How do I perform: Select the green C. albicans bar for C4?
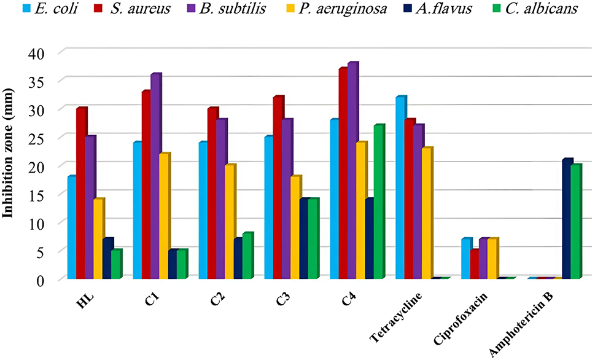[378, 202]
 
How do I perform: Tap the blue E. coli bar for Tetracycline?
[400, 187]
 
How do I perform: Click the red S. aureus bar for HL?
[81, 194]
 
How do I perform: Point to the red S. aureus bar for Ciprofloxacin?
[474, 264]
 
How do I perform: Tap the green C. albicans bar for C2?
[247, 256]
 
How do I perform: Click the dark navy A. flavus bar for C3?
[304, 239]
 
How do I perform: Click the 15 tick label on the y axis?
[37, 195]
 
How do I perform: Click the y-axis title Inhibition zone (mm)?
[10, 166]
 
